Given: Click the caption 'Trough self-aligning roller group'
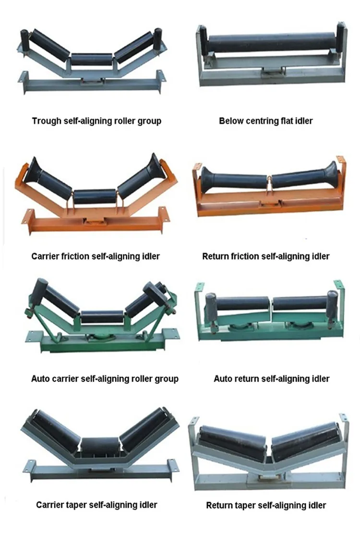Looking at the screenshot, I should coord(96,121).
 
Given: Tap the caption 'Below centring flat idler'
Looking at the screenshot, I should coord(265,121).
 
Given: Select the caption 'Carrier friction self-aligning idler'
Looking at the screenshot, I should coord(96,256).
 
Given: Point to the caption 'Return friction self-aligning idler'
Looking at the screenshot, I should coord(265,256).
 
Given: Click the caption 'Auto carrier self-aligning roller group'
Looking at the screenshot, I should coord(105,379).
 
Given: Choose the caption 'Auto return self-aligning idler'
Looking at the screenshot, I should coord(271,379).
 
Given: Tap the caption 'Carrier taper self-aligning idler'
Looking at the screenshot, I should coord(96,504).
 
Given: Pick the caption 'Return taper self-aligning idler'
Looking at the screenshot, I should coord(266,505).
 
